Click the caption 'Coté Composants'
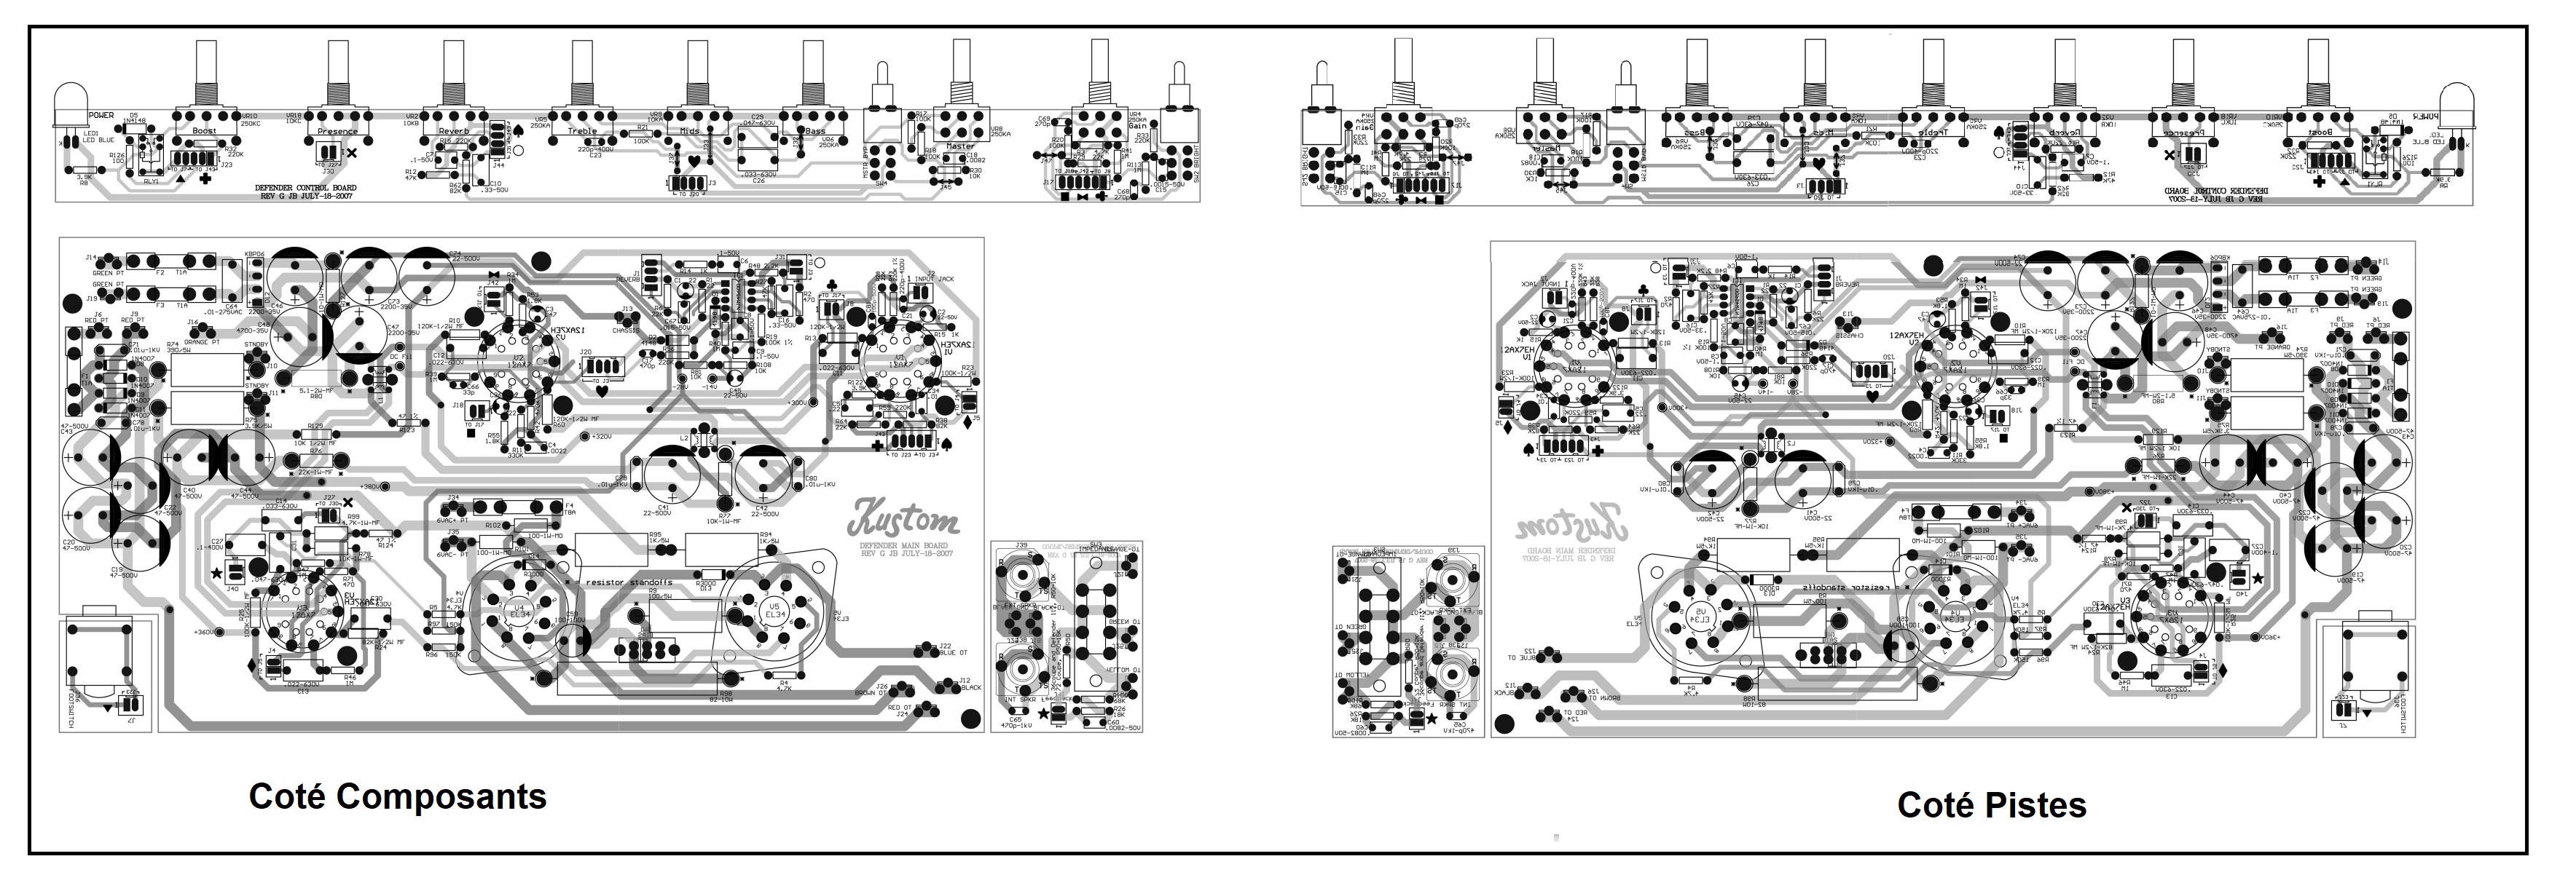(397, 796)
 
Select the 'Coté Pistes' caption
(1991, 805)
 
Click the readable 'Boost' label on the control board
(205, 130)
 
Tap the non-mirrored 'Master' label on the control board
(960, 146)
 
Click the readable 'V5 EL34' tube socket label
(774, 609)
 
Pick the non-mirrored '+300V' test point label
(798, 403)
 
